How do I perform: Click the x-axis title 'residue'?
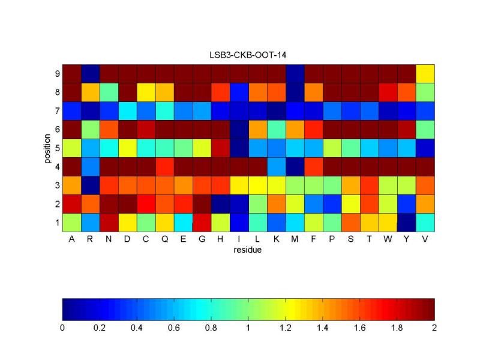248,250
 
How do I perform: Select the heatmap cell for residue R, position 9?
90,74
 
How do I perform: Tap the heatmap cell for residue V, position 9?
425,74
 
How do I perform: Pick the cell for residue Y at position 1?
406,222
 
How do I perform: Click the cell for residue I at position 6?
239,130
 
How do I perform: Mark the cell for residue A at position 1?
71,222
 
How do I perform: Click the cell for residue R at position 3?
90,185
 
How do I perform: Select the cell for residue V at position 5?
425,148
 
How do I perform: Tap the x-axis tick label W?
388,239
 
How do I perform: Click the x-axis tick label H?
220,239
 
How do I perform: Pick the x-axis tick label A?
71,239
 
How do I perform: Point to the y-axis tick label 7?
56,111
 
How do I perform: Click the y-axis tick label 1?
56,223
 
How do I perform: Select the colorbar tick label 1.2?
286,328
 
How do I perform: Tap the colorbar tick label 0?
62,328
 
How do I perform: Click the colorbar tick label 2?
434,328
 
